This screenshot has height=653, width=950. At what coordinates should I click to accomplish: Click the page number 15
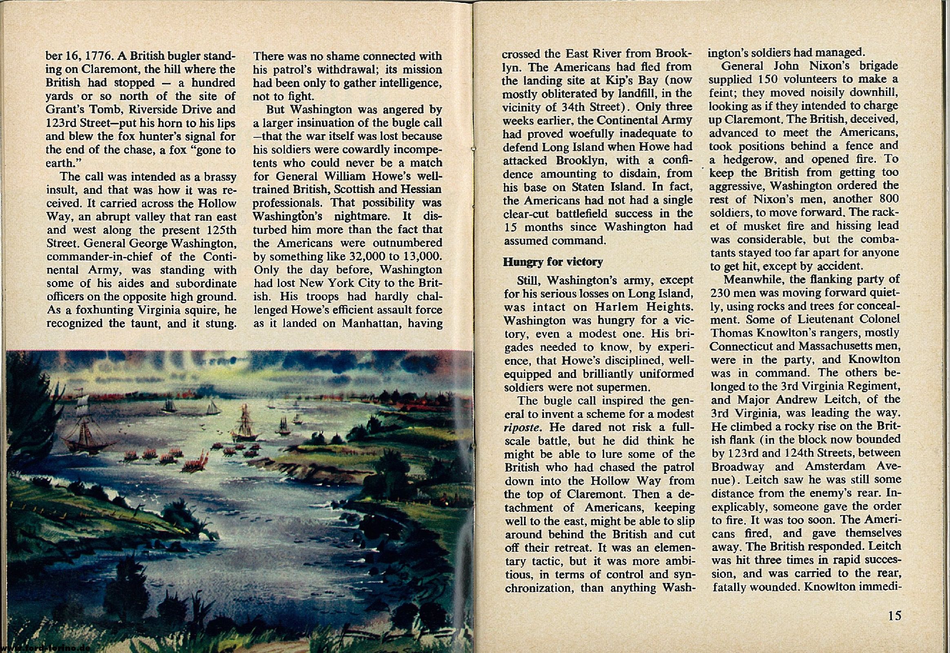(x=895, y=616)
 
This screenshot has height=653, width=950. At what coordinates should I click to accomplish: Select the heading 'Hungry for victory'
(x=553, y=262)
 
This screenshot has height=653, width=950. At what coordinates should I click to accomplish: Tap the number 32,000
(x=371, y=257)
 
